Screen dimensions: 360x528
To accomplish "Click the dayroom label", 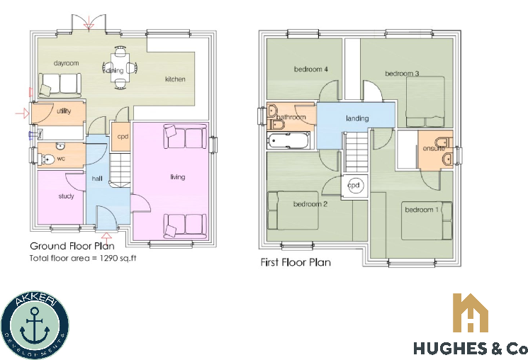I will (x=66, y=64).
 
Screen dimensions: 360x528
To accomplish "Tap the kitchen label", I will (x=175, y=79).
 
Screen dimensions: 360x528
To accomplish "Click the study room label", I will (x=67, y=196).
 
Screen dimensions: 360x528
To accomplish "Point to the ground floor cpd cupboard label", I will (x=123, y=136).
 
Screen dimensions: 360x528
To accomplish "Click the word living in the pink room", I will (x=177, y=177).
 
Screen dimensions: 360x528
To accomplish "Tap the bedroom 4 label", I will (x=310, y=69).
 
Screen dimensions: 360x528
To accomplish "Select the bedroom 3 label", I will (x=402, y=74).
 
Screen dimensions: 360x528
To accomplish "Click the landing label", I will (x=357, y=118).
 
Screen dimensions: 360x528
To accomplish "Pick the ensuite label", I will (x=434, y=149).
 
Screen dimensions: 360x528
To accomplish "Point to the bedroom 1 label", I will (x=422, y=210).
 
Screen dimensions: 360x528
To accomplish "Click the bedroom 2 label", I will (x=310, y=205).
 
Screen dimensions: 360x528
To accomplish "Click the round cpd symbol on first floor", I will (x=354, y=185).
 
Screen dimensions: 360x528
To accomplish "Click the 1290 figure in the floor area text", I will (x=108, y=259).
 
